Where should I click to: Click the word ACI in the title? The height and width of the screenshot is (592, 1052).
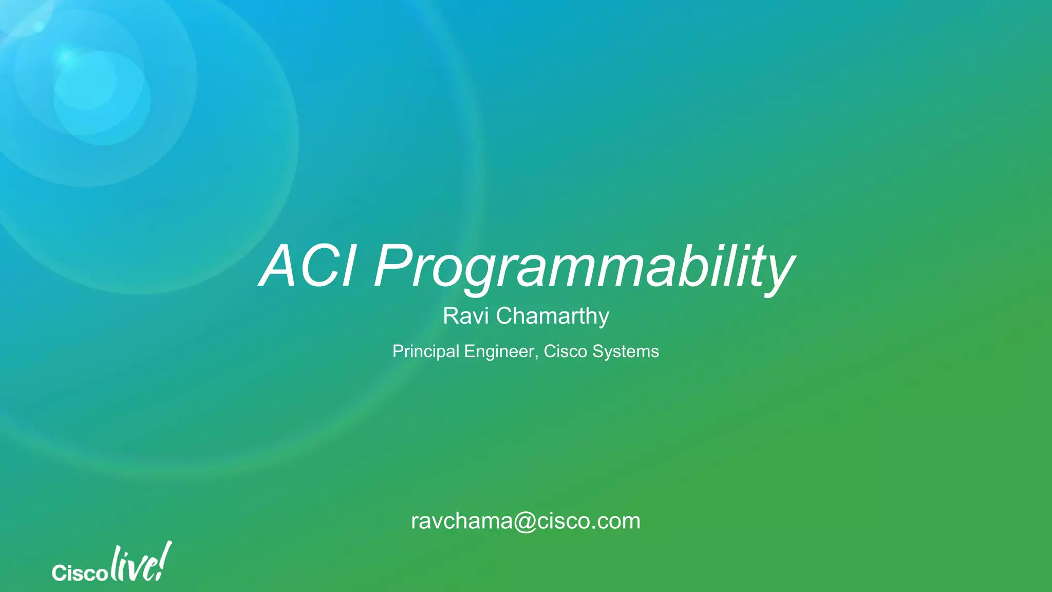(x=307, y=266)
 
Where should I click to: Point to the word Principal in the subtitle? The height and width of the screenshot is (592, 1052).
(x=426, y=351)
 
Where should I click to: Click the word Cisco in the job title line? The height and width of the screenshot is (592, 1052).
(x=565, y=351)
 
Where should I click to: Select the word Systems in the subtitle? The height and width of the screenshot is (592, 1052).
(x=626, y=351)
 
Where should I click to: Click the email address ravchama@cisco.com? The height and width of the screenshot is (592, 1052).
(x=525, y=521)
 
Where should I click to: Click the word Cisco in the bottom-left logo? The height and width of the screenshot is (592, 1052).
(x=79, y=572)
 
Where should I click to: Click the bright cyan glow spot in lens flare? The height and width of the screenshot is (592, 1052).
(x=67, y=58)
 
